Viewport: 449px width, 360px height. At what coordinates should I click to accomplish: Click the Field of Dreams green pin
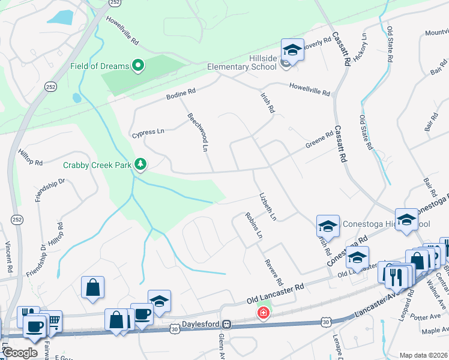point(139,65)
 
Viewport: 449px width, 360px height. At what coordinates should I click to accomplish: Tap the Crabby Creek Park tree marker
point(140,164)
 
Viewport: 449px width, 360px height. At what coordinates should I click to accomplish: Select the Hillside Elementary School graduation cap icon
point(292,50)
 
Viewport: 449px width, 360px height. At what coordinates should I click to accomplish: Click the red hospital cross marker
point(263,313)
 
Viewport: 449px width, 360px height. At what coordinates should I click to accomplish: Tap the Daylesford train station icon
point(226,324)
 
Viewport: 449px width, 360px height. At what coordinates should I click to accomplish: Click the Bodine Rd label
point(181,93)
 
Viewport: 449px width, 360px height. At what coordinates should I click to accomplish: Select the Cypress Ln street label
point(148,132)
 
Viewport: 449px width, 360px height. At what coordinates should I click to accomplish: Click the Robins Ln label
point(253,225)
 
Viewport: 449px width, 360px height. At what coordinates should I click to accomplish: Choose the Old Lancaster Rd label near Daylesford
point(276,291)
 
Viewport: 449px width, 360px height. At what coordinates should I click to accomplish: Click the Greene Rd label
point(319,141)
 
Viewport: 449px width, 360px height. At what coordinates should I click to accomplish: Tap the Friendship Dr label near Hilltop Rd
point(50,190)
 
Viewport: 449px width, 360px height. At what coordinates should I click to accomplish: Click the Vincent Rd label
point(8,257)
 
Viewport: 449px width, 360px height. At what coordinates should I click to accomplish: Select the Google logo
point(20,353)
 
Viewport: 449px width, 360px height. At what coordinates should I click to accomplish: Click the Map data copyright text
point(423,355)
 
